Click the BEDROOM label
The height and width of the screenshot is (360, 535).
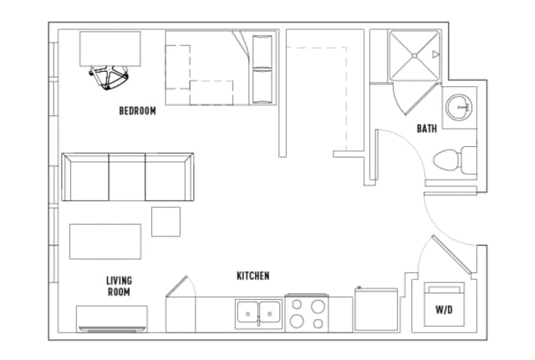pos(137,111)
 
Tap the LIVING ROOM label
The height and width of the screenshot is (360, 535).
pos(119,286)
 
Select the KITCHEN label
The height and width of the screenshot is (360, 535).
pos(253,276)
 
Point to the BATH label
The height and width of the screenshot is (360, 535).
pos(427,129)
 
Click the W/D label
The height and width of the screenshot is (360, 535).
pos(444,310)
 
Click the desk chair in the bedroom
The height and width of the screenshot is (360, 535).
pos(110,77)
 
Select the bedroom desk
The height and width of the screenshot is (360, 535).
pos(110,48)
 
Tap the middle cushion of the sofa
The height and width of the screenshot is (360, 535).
pos(127,177)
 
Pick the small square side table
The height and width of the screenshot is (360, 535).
pos(166,221)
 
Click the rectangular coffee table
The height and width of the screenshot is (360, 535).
pos(105,241)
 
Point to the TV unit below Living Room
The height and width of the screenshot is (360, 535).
pos(112,319)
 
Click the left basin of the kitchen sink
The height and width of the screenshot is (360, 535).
pos(248,312)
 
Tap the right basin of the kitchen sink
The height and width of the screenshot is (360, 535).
pos(269,312)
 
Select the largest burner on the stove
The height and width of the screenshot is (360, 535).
pos(318,307)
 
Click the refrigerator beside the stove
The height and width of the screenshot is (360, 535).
pos(376,309)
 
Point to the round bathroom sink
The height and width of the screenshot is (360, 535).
pos(459,108)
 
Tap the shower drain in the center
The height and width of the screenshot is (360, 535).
pos(415,55)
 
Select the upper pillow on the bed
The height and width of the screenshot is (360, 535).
pos(262,51)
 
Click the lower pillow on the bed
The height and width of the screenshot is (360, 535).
pos(262,86)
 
